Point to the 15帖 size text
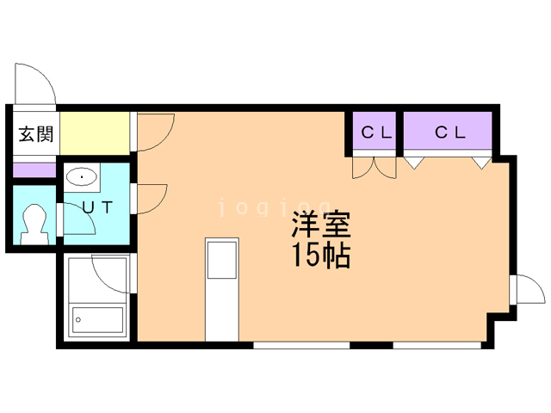320,256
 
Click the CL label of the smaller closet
375,133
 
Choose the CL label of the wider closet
449,133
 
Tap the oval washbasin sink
82,178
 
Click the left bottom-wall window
300,345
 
